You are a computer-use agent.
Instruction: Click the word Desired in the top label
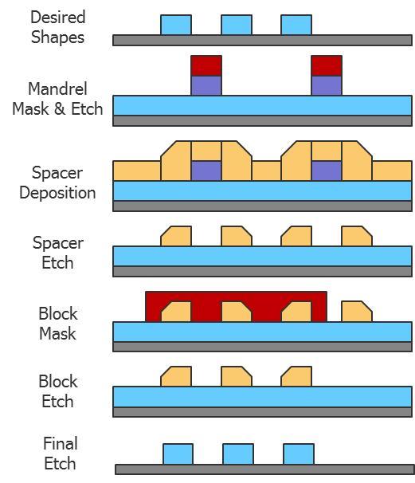[x=58, y=17]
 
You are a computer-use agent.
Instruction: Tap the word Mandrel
[x=57, y=88]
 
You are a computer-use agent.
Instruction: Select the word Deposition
[x=57, y=193]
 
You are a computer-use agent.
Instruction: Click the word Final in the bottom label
[x=61, y=444]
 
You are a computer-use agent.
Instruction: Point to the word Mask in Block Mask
[x=57, y=334]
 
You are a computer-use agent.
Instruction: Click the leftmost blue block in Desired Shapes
[x=176, y=25]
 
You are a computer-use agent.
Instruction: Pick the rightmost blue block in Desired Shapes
[x=296, y=25]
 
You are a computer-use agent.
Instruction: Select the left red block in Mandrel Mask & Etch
[x=206, y=65]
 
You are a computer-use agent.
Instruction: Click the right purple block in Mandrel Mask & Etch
[x=327, y=85]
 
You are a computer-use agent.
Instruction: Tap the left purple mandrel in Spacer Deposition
[x=206, y=171]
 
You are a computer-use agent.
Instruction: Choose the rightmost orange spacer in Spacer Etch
[x=357, y=236]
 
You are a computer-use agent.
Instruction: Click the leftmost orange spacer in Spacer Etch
[x=176, y=236]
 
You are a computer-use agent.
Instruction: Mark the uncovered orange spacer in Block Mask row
[x=357, y=312]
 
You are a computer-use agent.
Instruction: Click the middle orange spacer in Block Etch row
[x=237, y=376]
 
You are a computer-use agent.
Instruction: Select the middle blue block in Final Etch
[x=238, y=454]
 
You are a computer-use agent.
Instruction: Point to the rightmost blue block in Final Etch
[x=299, y=454]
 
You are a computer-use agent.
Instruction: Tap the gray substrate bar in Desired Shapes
[x=262, y=41]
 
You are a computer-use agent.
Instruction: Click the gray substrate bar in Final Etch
[x=264, y=469]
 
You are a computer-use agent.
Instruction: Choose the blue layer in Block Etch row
[x=262, y=397]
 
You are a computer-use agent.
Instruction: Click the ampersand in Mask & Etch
[x=60, y=108]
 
